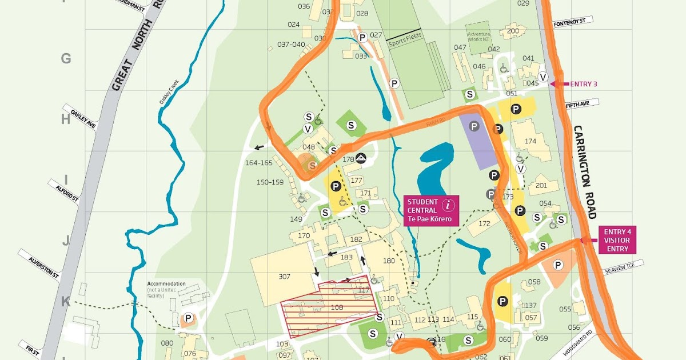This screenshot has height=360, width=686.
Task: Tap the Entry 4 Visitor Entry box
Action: click(617, 240)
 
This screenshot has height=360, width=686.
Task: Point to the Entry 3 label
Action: click(583, 84)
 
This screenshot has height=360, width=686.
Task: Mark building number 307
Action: click(284, 277)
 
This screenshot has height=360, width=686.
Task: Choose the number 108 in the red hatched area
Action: click(337, 307)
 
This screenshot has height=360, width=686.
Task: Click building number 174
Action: click(531, 141)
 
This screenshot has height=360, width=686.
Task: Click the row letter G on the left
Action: click(66, 59)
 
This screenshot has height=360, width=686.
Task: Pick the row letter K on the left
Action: click(66, 302)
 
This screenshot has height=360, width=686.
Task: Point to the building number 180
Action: click(389, 261)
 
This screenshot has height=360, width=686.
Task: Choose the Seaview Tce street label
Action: click(626, 265)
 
